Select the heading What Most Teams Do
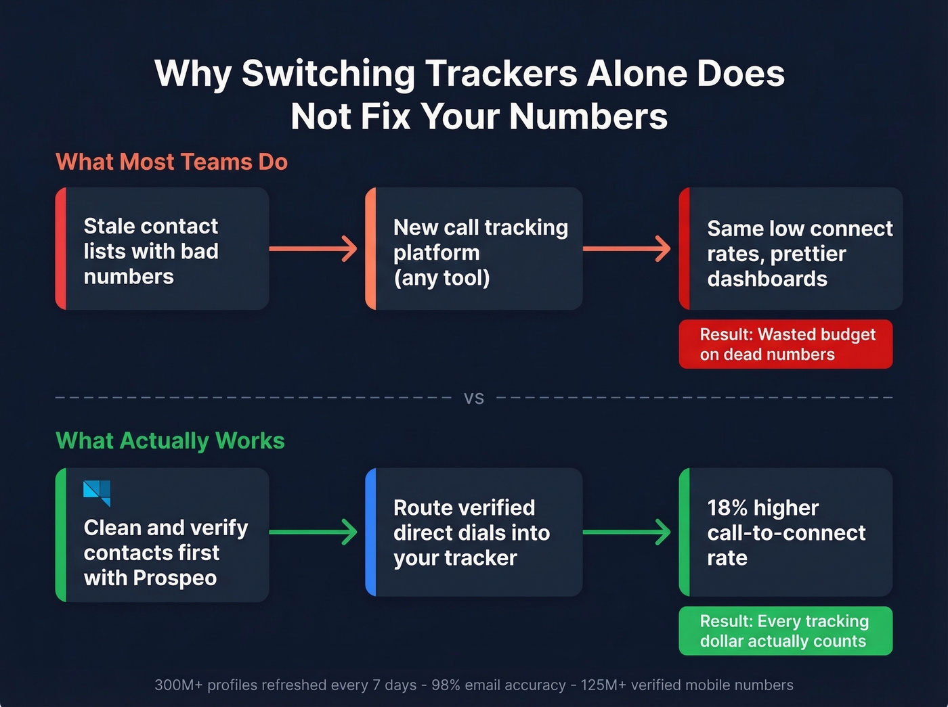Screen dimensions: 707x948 tap(171, 162)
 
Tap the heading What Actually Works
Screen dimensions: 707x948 tap(170, 441)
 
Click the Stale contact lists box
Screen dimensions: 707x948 tap(163, 249)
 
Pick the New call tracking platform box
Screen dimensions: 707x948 tap(474, 249)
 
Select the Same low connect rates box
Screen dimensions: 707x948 tap(791, 249)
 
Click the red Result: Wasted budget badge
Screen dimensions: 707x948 tap(785, 344)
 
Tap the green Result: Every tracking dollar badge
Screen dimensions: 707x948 tap(785, 631)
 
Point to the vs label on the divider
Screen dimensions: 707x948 tap(474, 398)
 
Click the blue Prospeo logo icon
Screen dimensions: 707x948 tap(97, 493)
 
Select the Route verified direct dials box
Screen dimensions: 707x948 tap(474, 532)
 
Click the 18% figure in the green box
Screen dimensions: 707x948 tap(727, 508)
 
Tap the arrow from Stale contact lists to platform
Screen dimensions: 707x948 tap(314, 249)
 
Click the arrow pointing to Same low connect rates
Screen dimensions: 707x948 tap(627, 249)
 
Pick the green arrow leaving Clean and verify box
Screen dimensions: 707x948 tap(314, 532)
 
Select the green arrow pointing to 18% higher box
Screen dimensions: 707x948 tap(627, 532)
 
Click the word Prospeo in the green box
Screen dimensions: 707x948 tap(175, 578)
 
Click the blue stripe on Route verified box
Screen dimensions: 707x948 tap(370, 532)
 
